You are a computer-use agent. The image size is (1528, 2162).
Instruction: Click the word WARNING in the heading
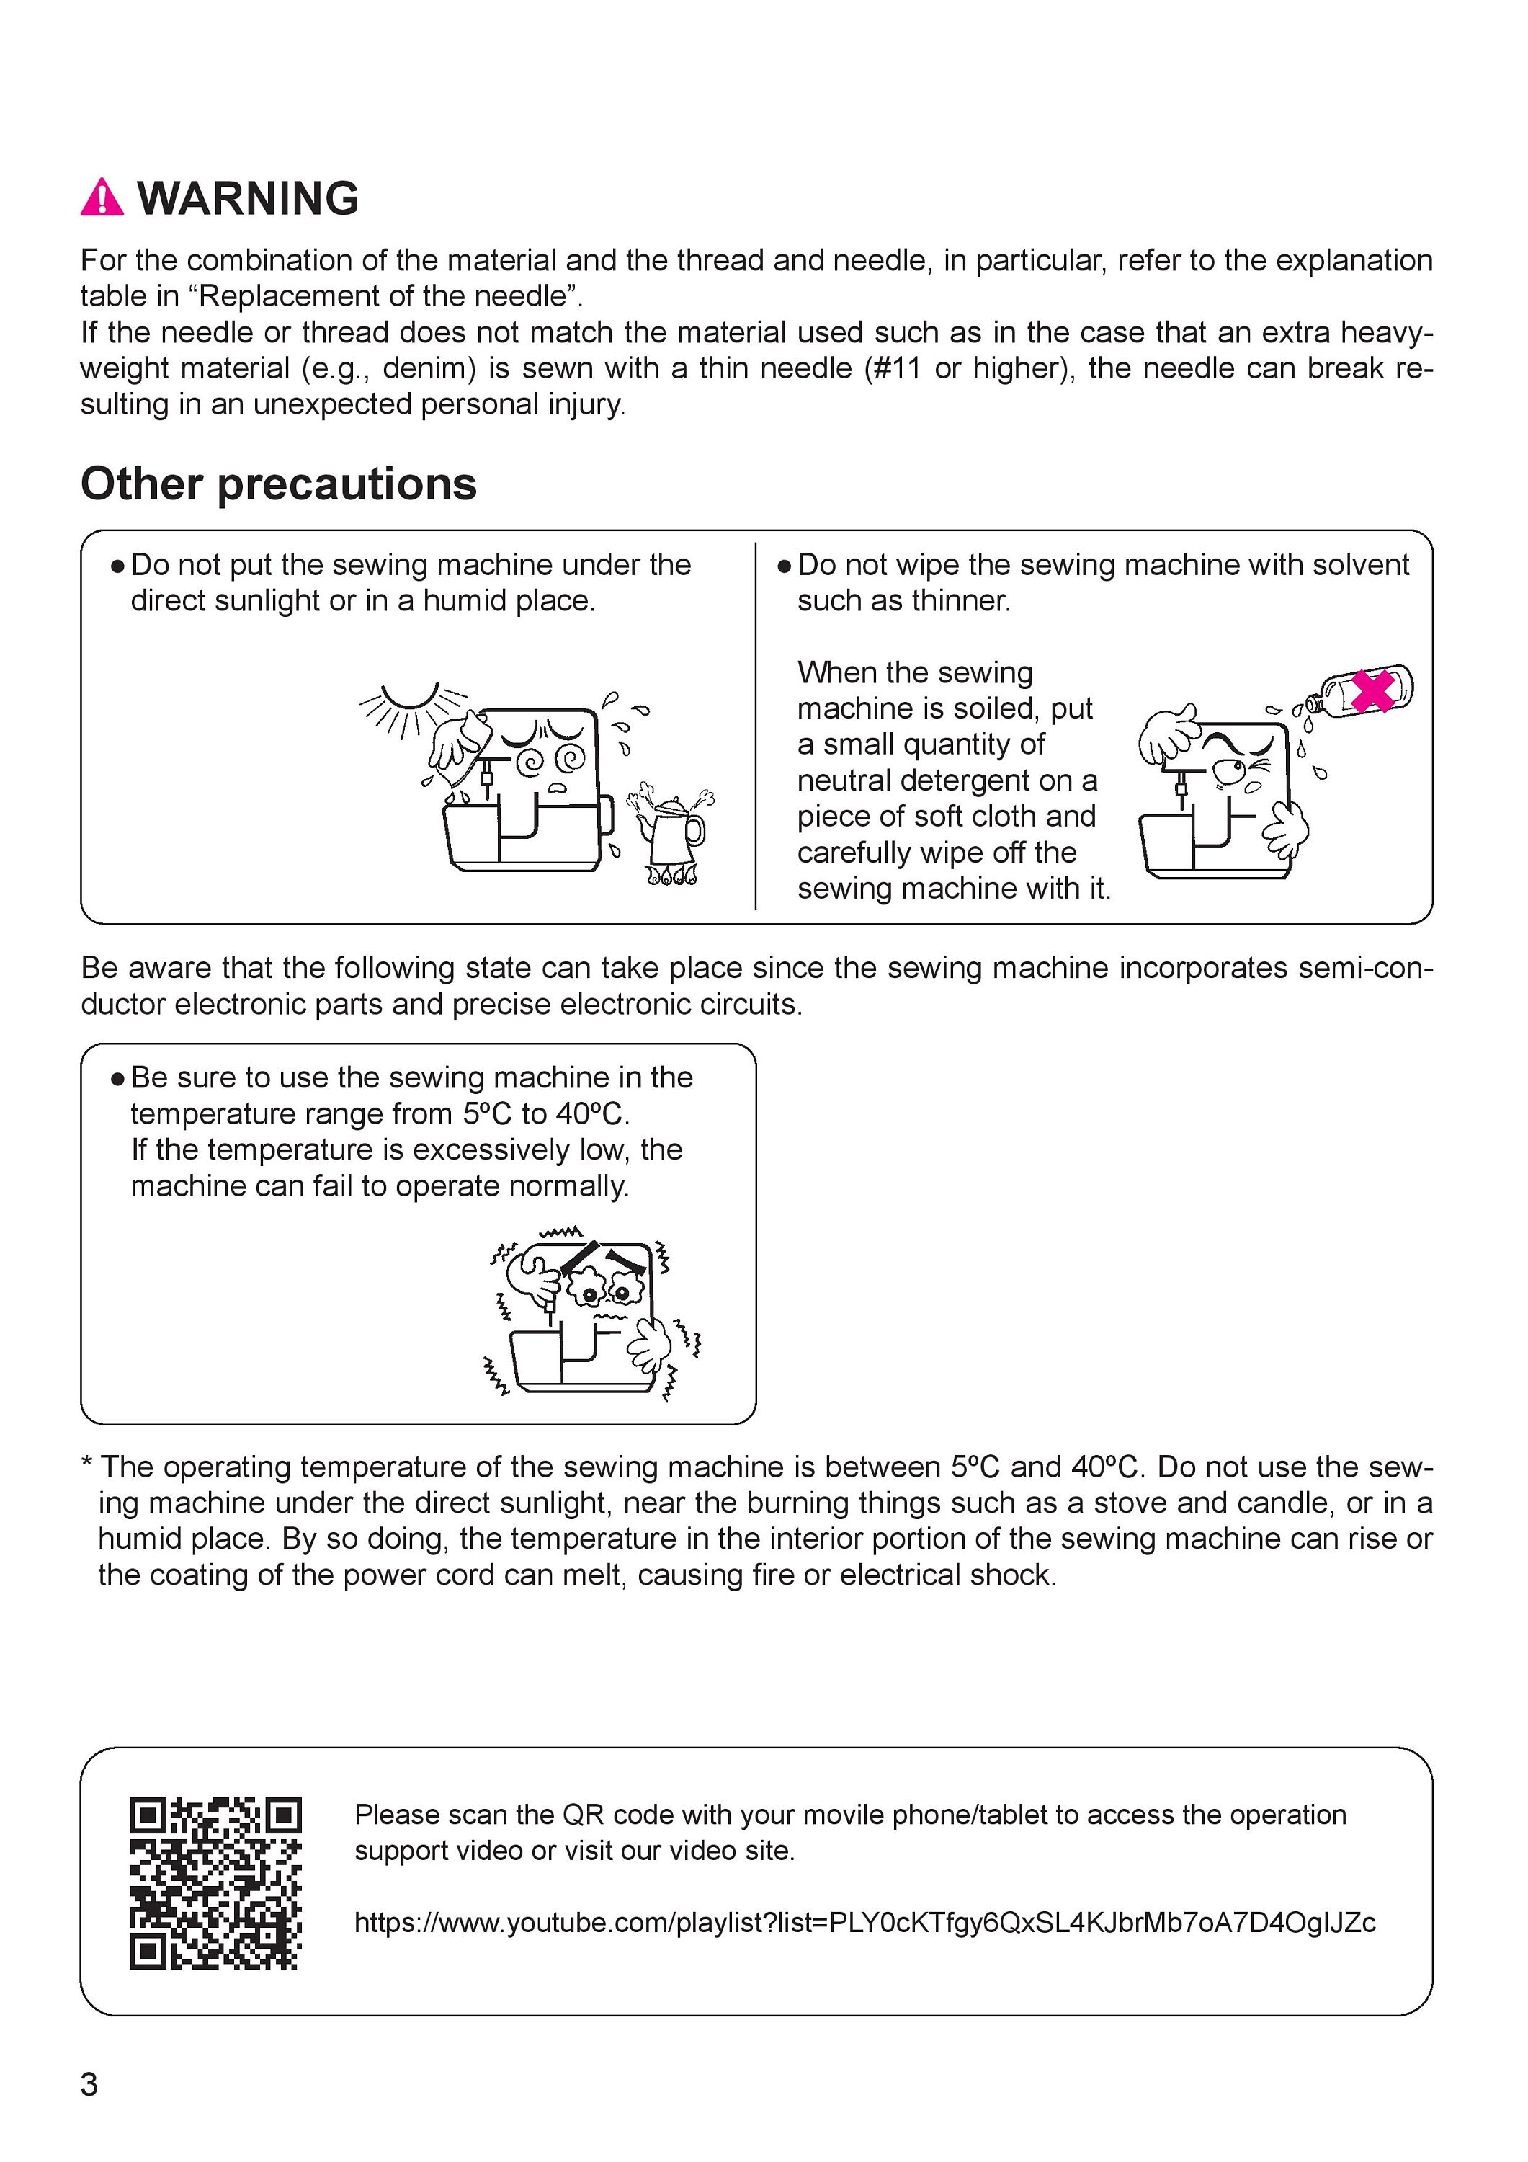pos(249,199)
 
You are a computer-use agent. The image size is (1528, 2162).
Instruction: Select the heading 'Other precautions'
pos(279,484)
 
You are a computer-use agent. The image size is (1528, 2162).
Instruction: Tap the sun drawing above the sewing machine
pos(412,708)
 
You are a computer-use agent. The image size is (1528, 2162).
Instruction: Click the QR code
pos(215,1883)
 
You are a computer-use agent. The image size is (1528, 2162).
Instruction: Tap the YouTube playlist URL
pos(865,1922)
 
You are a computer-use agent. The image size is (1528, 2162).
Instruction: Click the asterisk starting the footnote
pos(88,1462)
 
